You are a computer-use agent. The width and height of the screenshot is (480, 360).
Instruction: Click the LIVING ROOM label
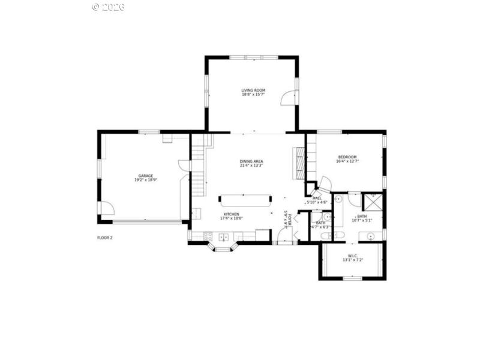(x=253, y=90)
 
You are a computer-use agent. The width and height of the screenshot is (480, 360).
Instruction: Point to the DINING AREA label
(x=251, y=161)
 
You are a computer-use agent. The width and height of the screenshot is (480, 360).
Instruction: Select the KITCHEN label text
(x=232, y=214)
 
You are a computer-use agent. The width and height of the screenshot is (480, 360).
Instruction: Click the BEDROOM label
(x=347, y=157)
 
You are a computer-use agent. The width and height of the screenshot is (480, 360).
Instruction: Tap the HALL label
(x=317, y=197)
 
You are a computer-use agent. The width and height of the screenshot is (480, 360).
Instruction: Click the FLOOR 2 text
(x=105, y=238)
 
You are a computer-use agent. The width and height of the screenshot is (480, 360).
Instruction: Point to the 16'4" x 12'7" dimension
(x=347, y=161)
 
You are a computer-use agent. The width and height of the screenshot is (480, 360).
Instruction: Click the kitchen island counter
(x=245, y=200)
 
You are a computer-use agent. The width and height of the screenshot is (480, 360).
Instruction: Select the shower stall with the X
(x=373, y=202)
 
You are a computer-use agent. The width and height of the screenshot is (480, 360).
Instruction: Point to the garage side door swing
(x=106, y=208)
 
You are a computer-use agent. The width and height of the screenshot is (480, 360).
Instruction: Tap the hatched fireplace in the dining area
(x=298, y=162)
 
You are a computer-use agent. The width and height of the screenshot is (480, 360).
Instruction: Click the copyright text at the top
(x=108, y=7)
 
